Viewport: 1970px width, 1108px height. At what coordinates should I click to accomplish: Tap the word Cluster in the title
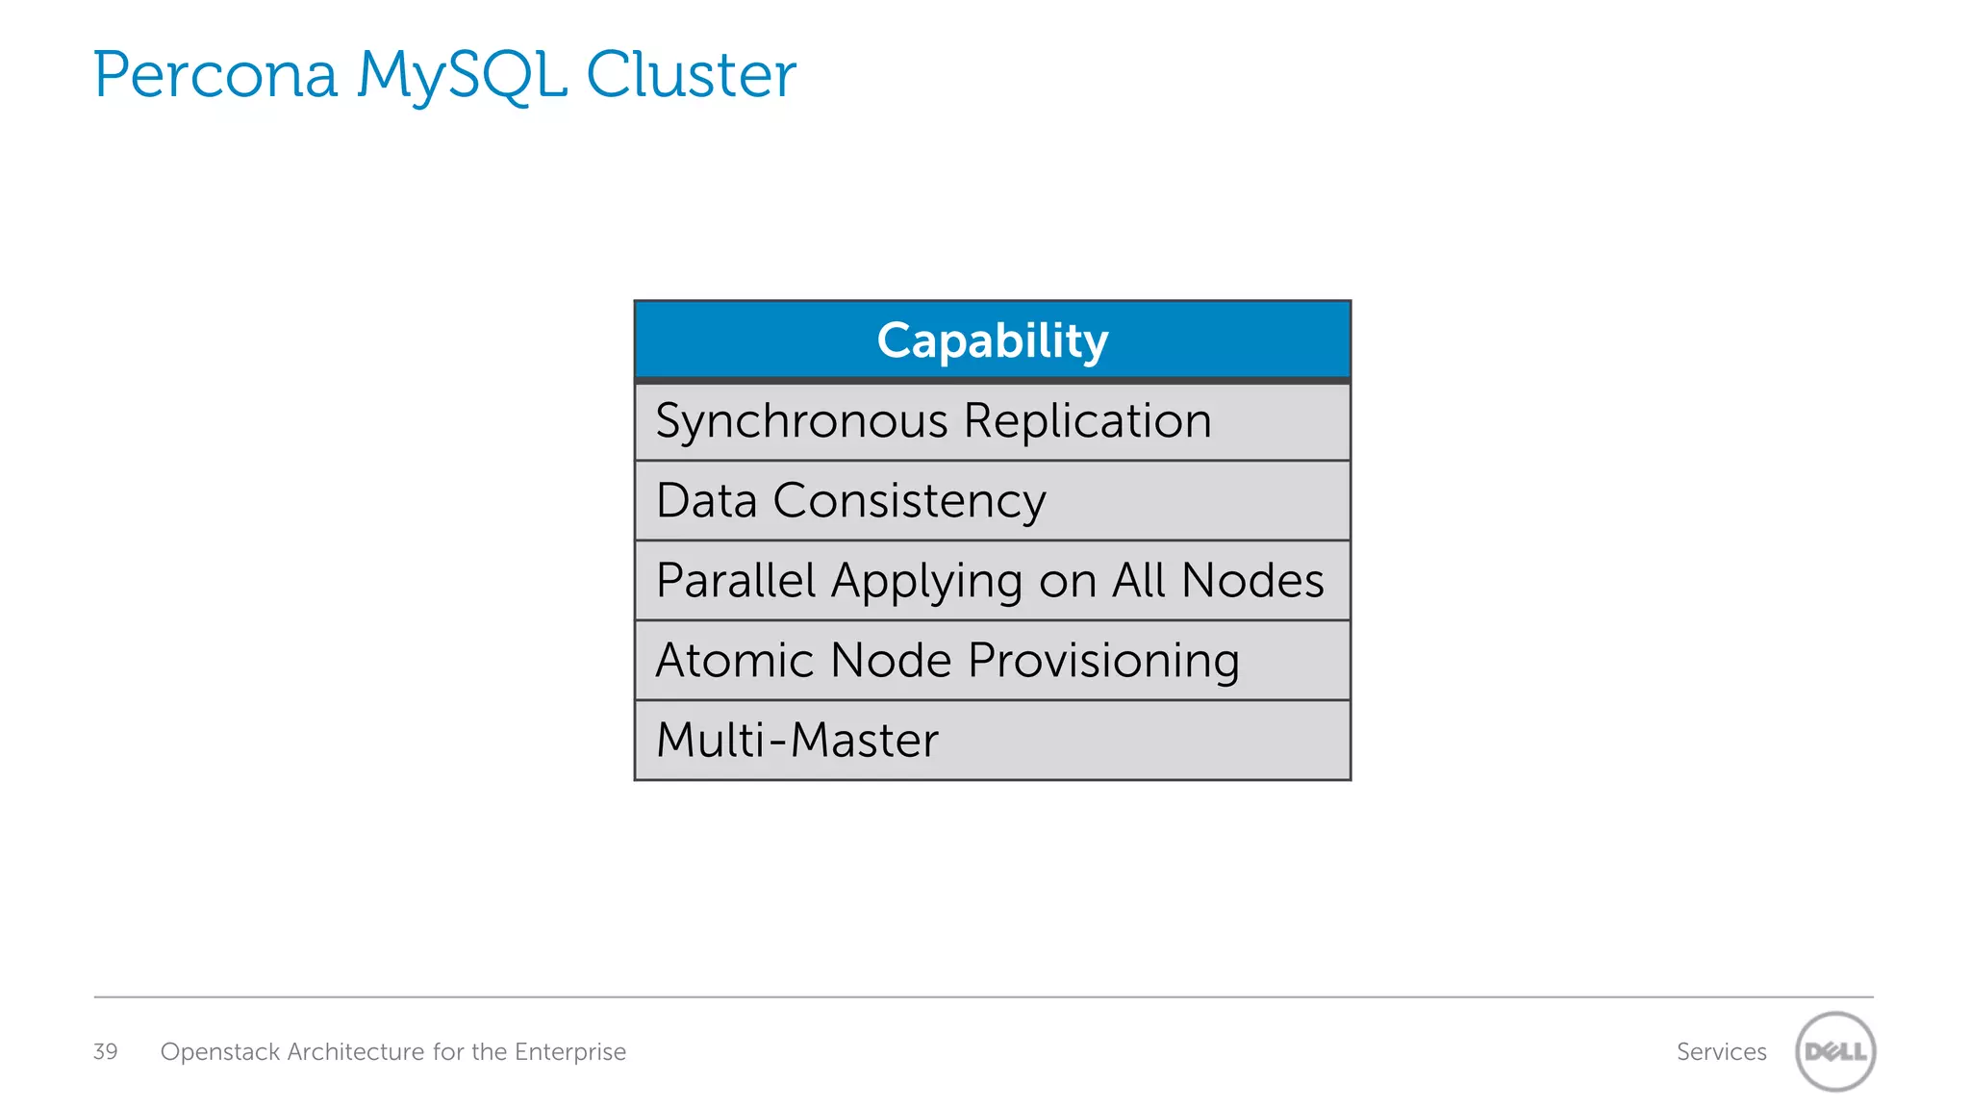click(691, 75)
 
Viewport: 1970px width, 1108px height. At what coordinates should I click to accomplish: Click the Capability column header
click(993, 340)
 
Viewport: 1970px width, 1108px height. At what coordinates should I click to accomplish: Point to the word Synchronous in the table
click(802, 422)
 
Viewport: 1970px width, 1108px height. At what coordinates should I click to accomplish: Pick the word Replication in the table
click(1087, 421)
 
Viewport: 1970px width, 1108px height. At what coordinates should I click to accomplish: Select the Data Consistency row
click(850, 501)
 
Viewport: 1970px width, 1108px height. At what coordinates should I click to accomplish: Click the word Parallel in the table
click(736, 581)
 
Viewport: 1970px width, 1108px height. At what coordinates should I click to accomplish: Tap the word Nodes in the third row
click(1252, 581)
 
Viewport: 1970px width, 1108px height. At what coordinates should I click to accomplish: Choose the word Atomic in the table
click(736, 661)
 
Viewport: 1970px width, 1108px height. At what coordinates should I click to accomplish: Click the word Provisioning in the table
click(1103, 662)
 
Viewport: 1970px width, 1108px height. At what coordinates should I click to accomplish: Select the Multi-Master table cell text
click(796, 741)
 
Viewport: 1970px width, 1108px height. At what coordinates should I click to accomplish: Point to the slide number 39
click(105, 1051)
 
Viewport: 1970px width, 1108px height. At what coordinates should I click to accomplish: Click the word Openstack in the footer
click(220, 1052)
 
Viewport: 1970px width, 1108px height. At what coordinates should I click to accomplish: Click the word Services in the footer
click(1721, 1052)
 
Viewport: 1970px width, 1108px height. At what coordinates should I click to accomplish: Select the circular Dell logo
click(1835, 1051)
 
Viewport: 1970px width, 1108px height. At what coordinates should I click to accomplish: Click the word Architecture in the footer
click(356, 1052)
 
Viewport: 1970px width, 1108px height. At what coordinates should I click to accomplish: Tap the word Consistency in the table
click(909, 501)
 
